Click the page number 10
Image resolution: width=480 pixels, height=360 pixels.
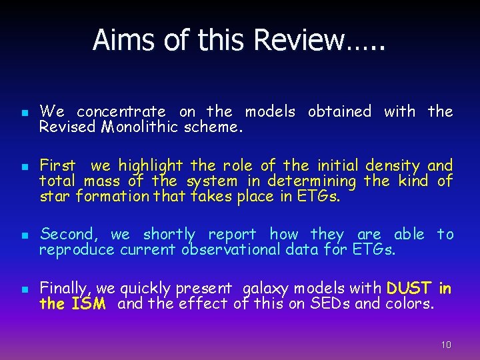click(x=446, y=345)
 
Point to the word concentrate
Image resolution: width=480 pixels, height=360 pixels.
click(x=121, y=112)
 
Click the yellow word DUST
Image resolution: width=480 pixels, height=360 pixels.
click(x=409, y=289)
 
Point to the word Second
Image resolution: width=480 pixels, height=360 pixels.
click(x=69, y=235)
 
